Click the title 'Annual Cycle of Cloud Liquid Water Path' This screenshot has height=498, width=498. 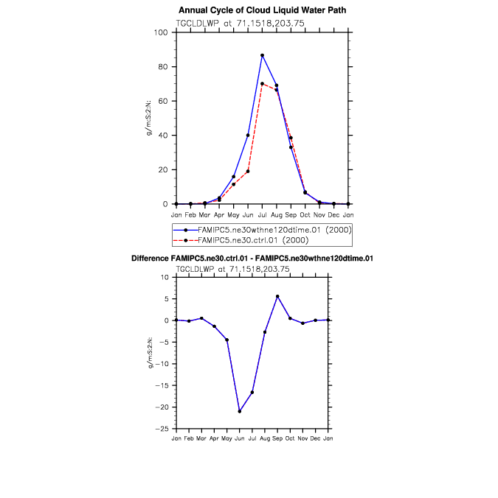point(262,10)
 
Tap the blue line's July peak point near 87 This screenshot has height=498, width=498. point(262,55)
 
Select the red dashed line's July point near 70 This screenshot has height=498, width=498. point(262,83)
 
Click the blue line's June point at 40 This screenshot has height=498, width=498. point(248,136)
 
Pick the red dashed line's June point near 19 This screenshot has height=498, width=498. point(248,171)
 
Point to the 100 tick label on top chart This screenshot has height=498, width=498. point(162,32)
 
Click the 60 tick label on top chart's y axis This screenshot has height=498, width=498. point(164,101)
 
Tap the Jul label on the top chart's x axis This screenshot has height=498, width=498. point(262,214)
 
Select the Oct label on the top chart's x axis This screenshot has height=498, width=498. point(305,214)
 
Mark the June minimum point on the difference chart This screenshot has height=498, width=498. point(239,411)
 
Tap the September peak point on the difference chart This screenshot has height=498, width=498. point(277,296)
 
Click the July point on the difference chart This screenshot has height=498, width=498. point(252,392)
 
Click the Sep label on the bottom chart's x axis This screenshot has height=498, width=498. point(277,438)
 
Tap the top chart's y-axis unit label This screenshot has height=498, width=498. point(150,118)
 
